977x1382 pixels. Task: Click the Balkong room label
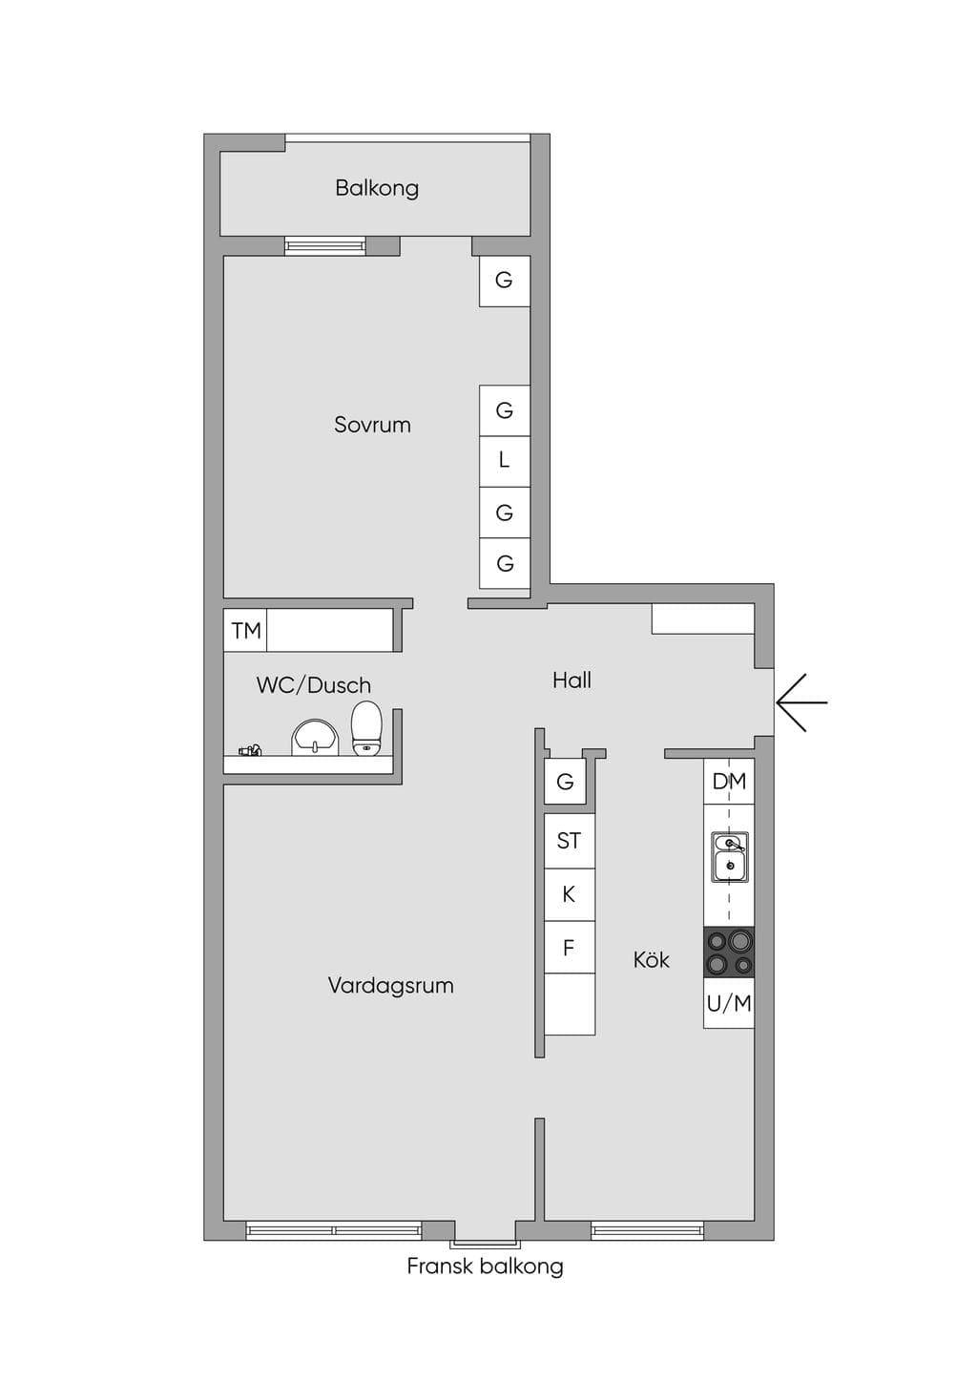click(x=377, y=188)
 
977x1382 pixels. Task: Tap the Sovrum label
click(x=372, y=425)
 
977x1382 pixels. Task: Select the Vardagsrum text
click(x=390, y=985)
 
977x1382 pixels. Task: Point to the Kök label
click(x=652, y=959)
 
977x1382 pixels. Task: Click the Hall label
click(x=572, y=680)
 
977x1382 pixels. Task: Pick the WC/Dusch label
click(x=313, y=685)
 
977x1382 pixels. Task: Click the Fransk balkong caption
click(x=486, y=1267)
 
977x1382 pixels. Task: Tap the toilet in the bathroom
click(x=367, y=728)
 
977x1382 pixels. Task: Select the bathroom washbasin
click(x=315, y=737)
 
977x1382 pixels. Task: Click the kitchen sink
click(x=730, y=857)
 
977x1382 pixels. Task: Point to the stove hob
click(x=729, y=952)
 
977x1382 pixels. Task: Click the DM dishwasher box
click(x=729, y=782)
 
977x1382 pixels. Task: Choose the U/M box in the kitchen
click(x=729, y=1003)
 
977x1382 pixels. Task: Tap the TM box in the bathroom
click(x=245, y=631)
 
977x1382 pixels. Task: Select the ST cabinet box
click(x=570, y=841)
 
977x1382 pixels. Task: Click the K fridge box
click(x=570, y=894)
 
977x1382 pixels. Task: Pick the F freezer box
click(x=570, y=947)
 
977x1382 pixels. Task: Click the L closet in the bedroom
click(x=505, y=461)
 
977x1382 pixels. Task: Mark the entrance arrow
click(x=801, y=702)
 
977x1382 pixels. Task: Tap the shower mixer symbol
click(x=250, y=750)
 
